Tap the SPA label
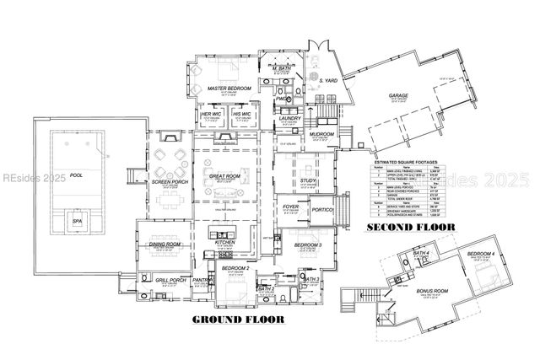tap(77, 221)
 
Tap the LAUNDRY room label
tap(291, 119)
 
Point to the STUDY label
tap(307, 180)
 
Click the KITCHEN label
tap(224, 242)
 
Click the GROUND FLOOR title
tap(231, 320)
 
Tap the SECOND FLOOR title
tap(410, 228)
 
